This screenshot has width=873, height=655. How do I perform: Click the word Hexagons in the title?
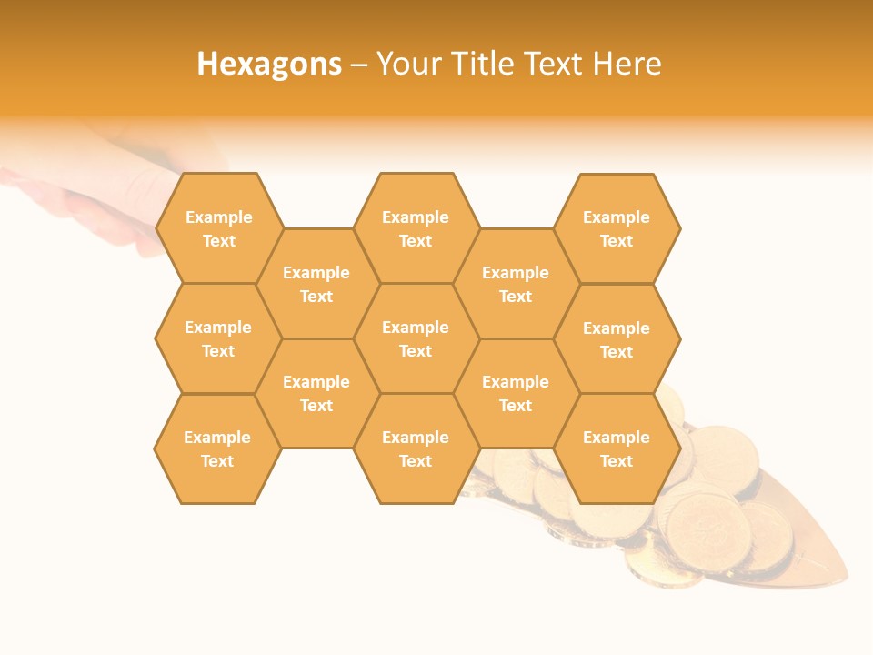(269, 64)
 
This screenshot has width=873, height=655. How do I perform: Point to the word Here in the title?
(627, 64)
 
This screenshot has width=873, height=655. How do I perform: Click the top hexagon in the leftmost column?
(218, 228)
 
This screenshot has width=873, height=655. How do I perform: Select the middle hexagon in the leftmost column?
(218, 338)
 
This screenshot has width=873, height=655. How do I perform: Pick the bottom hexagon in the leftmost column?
(217, 448)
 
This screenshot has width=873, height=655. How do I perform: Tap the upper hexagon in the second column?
(316, 284)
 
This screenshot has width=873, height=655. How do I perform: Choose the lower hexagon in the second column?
(316, 393)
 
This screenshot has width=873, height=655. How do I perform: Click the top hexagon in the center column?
(416, 228)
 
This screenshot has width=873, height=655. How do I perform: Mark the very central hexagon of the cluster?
(416, 338)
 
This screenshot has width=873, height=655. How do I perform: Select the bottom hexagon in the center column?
(416, 448)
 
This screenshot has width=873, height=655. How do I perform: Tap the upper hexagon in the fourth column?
(516, 284)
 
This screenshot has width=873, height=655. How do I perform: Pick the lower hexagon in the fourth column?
(516, 393)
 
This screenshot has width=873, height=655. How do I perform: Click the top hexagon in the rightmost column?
(617, 228)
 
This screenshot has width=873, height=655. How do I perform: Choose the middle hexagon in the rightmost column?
(617, 339)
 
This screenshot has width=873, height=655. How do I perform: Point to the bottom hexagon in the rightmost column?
(617, 448)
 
